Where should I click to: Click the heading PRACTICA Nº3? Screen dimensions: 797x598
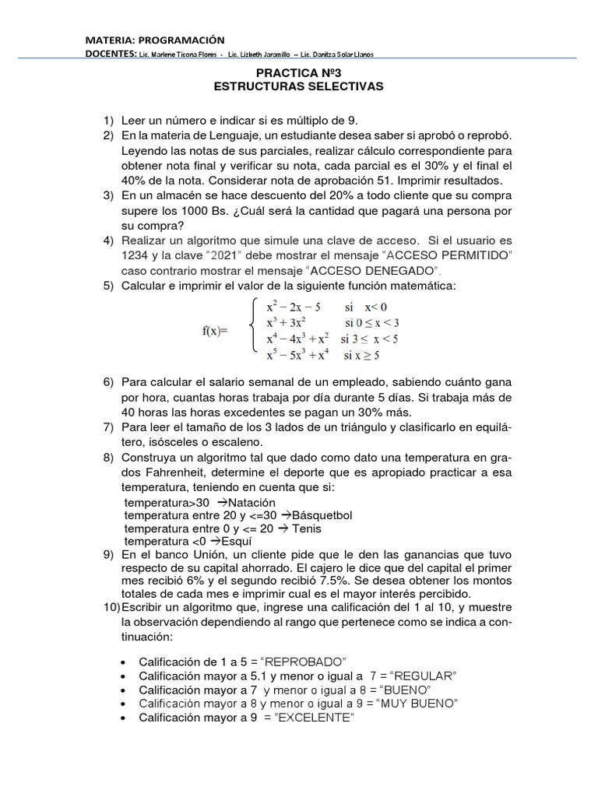(x=299, y=72)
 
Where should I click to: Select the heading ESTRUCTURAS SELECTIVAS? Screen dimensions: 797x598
(x=299, y=86)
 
